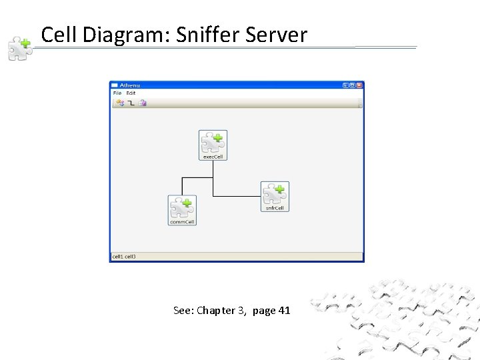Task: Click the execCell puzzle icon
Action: click(213, 142)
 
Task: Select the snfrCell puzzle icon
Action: click(275, 193)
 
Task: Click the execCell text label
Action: click(213, 157)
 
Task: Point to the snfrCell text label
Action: click(275, 208)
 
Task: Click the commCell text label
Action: click(182, 222)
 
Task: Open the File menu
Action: click(117, 93)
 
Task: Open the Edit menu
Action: click(131, 93)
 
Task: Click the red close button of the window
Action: click(359, 85)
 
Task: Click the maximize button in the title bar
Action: click(353, 85)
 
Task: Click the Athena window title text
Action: click(130, 85)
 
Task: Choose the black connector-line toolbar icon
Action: click(131, 103)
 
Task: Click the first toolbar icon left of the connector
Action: click(120, 103)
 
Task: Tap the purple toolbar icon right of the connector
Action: click(143, 103)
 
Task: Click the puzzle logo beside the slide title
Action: click(19, 49)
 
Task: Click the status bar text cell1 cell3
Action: click(124, 257)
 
